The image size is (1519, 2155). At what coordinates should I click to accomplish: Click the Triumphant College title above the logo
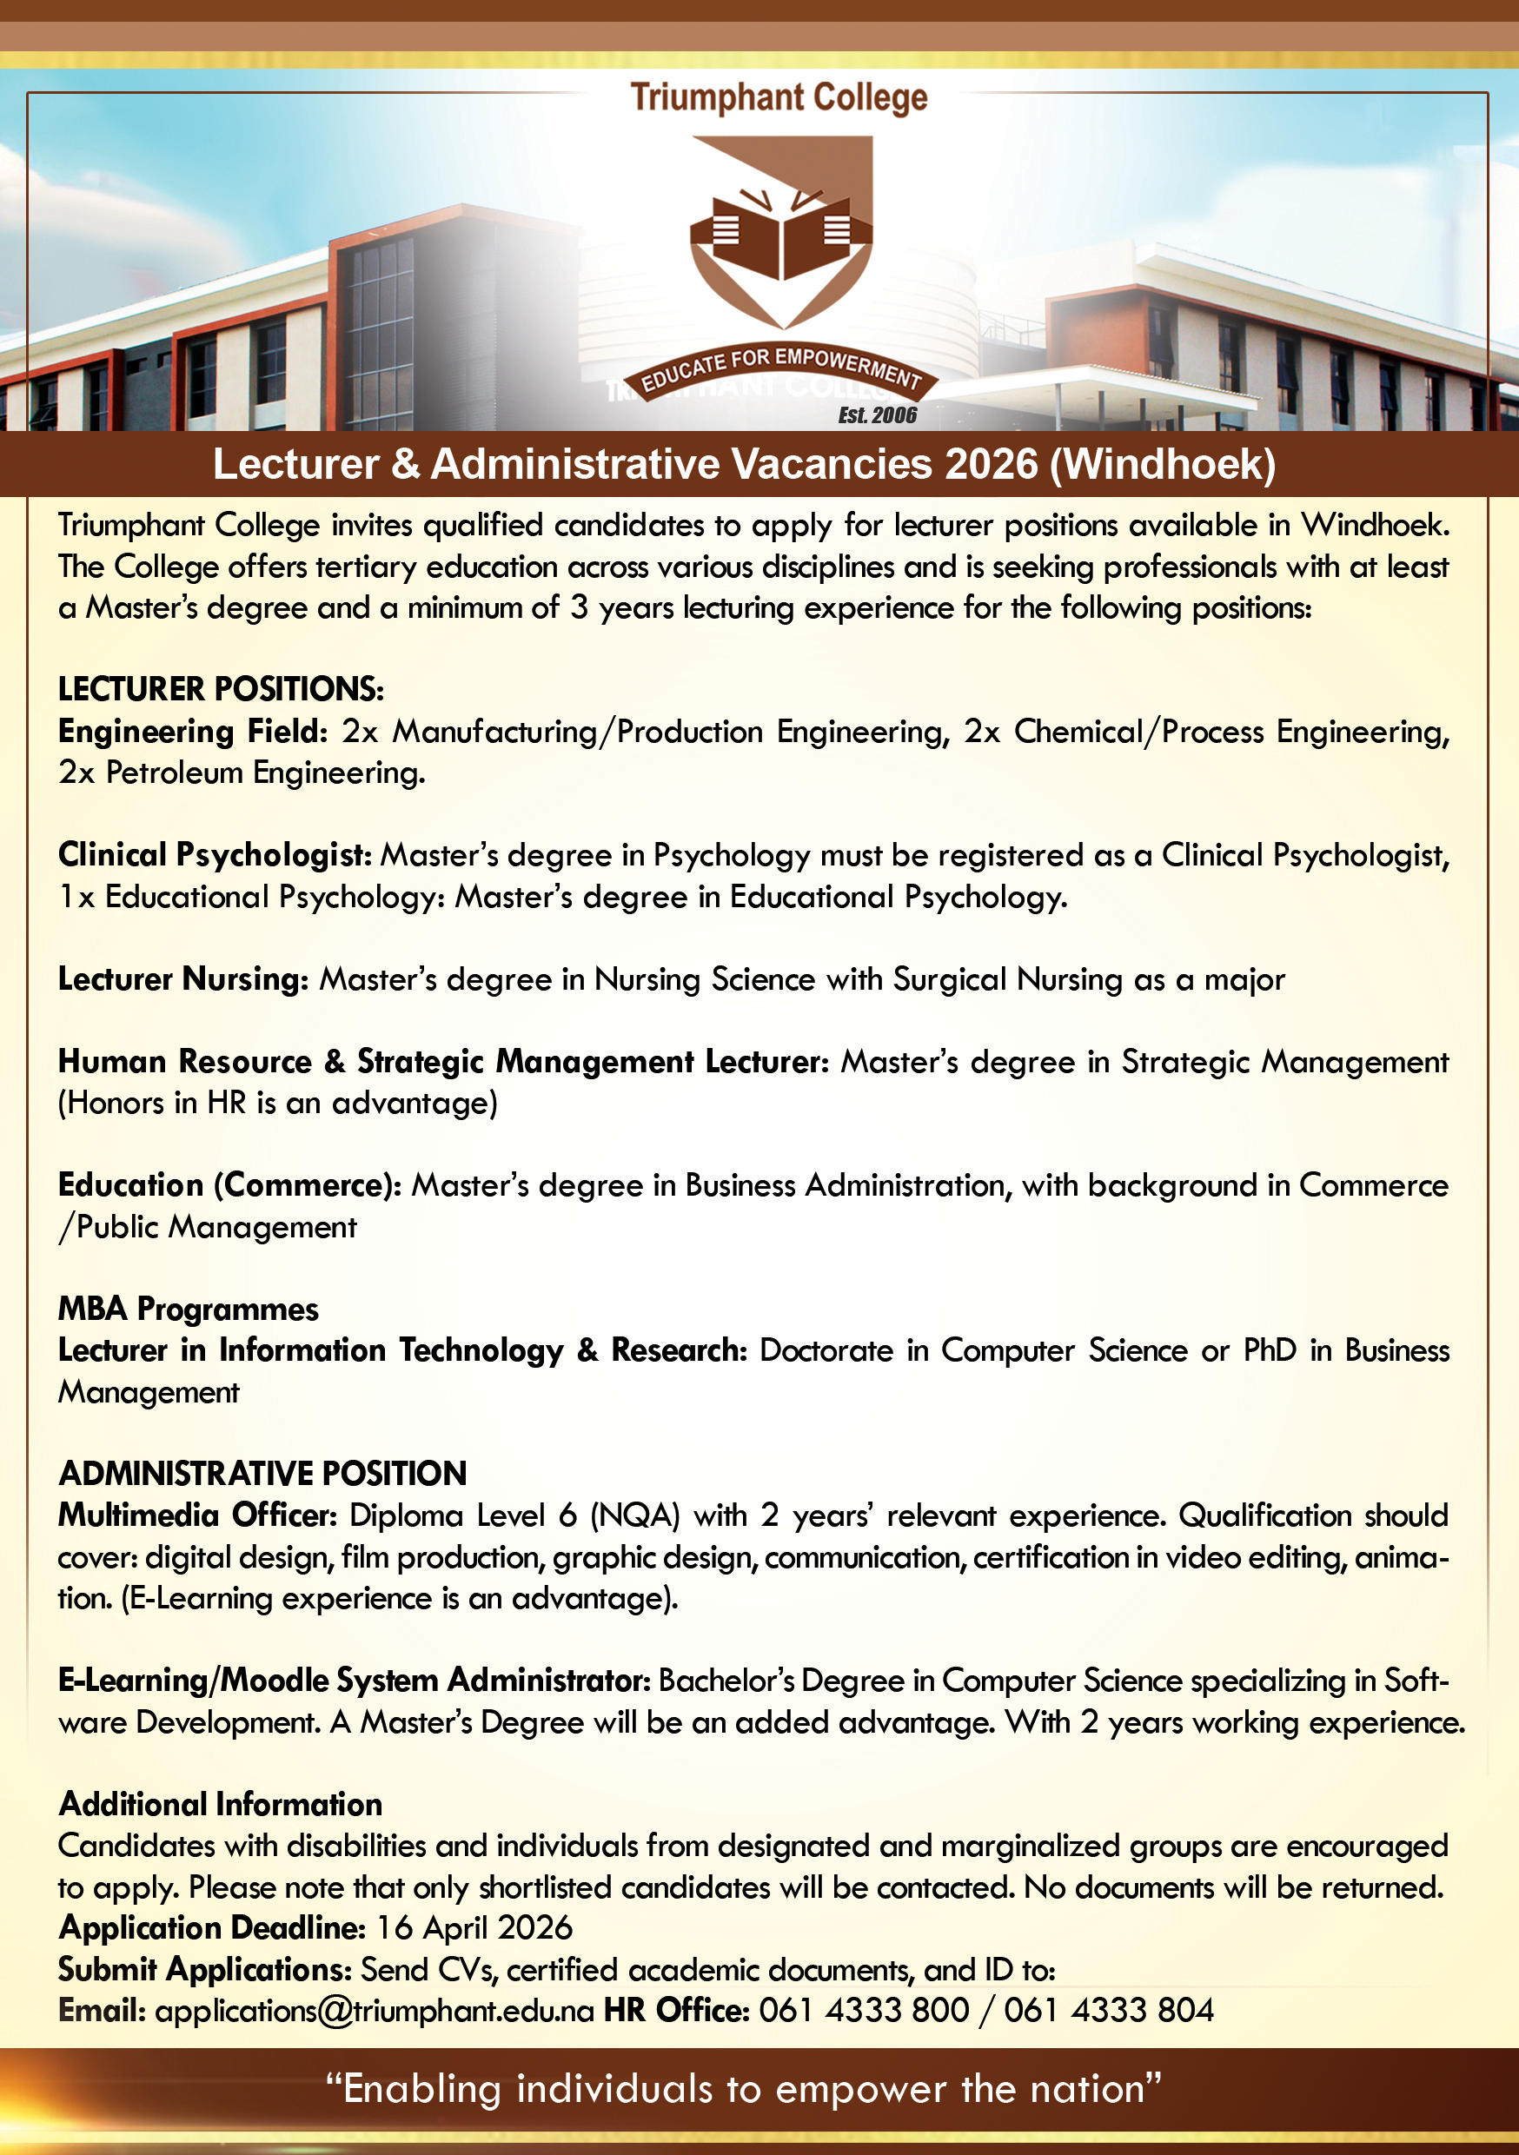tap(779, 97)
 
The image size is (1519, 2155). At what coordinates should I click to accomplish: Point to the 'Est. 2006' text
tap(877, 414)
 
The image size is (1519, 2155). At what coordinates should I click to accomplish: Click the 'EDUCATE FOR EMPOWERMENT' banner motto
tap(781, 370)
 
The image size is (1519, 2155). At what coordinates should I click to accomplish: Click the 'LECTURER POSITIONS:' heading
tap(221, 689)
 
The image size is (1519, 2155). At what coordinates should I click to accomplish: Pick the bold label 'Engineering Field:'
tap(192, 731)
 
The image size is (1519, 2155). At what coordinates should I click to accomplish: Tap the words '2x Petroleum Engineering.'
tap(242, 772)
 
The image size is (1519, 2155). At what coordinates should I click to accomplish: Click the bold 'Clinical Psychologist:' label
tap(215, 855)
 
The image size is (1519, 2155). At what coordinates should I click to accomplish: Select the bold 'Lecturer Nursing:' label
tap(183, 979)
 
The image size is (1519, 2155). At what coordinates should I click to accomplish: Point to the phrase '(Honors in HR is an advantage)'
tap(278, 1103)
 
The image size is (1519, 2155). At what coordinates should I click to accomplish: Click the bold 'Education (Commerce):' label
tap(229, 1185)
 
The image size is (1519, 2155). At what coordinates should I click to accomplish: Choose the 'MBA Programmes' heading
tap(188, 1310)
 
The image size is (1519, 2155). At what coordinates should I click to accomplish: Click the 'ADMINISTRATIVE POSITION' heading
tap(262, 1474)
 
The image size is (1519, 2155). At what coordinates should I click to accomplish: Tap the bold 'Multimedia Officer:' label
tap(197, 1515)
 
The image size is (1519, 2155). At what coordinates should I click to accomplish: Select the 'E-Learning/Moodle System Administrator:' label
tap(354, 1680)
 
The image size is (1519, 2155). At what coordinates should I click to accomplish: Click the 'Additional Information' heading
tap(221, 1804)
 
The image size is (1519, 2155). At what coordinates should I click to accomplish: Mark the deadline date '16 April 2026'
tap(474, 1928)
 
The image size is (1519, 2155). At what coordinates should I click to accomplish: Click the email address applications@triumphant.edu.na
tap(375, 2011)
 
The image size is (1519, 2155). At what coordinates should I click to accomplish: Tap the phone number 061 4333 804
tap(1109, 2011)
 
